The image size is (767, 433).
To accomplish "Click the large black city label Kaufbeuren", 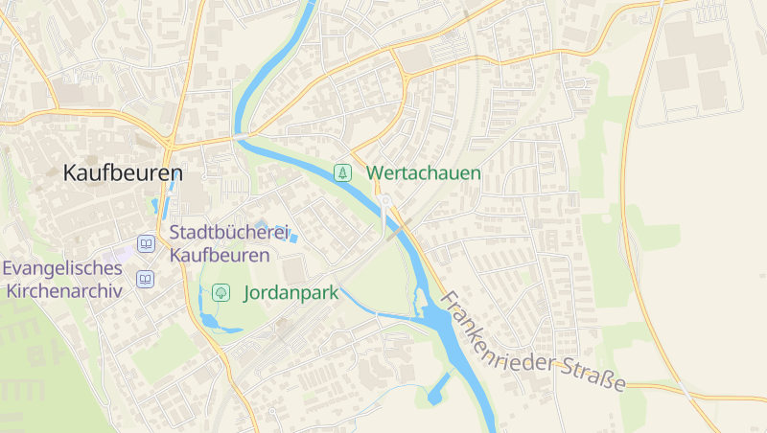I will pyautogui.click(x=123, y=173).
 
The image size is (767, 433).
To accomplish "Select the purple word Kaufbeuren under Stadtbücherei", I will pyautogui.click(x=220, y=255).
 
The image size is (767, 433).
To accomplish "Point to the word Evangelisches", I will pyautogui.click(x=63, y=269).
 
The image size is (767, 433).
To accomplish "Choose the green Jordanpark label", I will pyautogui.click(x=291, y=293).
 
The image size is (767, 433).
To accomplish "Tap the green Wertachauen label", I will pyautogui.click(x=424, y=173).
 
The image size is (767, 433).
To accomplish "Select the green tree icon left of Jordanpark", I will pyautogui.click(x=221, y=292).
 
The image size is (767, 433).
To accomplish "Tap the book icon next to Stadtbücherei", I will pyautogui.click(x=146, y=244).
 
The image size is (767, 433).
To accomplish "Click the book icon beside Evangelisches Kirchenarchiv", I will pyautogui.click(x=145, y=280).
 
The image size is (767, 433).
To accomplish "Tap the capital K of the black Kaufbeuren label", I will pyautogui.click(x=70, y=173).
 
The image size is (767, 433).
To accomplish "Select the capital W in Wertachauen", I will pyautogui.click(x=374, y=173).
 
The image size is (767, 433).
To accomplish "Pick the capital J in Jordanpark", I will pyautogui.click(x=248, y=293).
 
